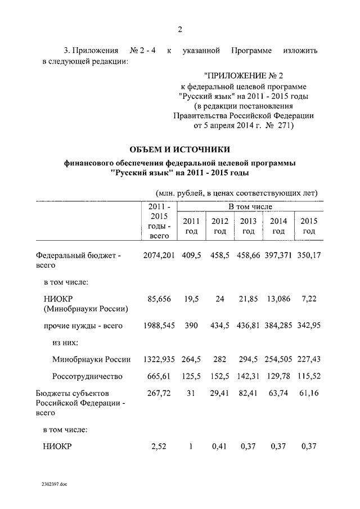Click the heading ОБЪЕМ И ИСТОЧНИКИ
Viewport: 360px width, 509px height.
179,149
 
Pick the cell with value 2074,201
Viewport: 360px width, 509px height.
159,256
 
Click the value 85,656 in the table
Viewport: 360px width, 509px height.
159,298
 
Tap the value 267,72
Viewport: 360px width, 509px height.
159,393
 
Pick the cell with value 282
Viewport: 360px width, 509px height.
220,359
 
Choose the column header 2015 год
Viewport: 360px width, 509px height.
309,226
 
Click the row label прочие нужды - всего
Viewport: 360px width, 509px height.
83,326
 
